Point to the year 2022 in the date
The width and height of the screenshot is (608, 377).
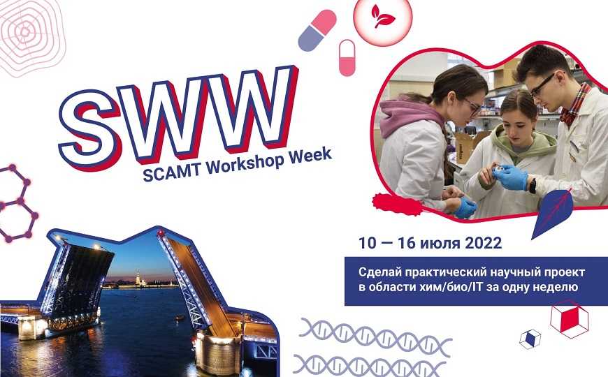483,244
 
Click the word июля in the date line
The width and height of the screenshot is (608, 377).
439,244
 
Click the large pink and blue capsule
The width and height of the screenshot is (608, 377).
317,31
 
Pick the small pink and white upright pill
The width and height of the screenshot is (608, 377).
347,58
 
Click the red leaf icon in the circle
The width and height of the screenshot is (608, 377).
382,16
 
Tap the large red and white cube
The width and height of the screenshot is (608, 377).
570,319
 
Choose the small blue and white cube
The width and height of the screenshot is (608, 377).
530,339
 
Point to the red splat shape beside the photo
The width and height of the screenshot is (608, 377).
397,205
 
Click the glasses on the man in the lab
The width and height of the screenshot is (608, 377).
542,84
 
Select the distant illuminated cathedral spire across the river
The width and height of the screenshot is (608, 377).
136,276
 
